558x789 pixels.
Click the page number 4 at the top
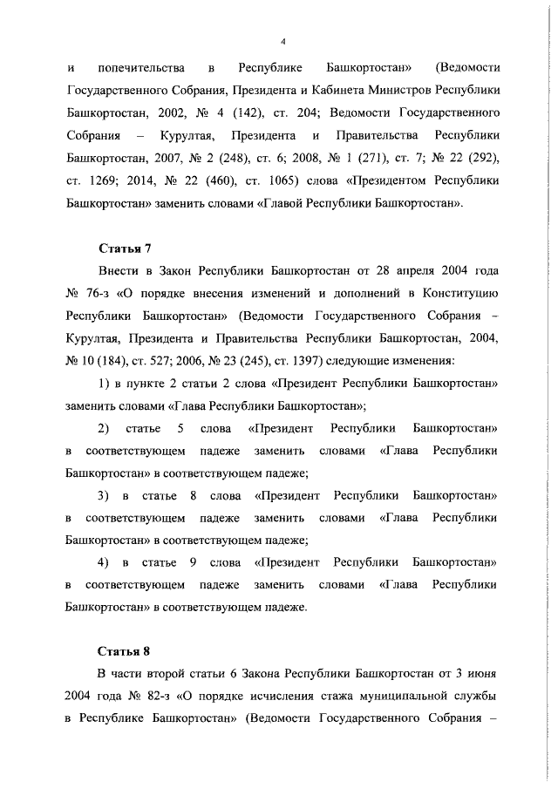(x=285, y=41)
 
